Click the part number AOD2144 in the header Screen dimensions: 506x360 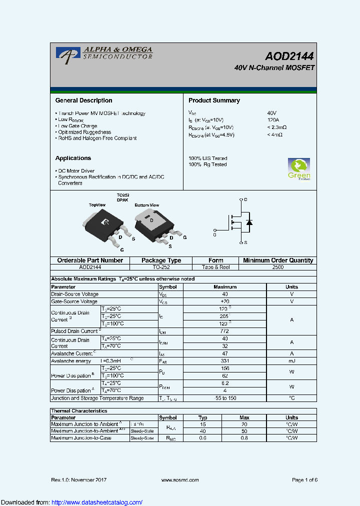289,56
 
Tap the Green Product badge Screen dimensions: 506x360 299,169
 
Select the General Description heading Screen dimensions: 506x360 83,100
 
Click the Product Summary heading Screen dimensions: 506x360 214,100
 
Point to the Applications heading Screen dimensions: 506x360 73,158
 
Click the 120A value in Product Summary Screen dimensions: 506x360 273,120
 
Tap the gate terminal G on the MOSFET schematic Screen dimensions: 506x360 214,234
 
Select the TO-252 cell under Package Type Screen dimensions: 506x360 161,267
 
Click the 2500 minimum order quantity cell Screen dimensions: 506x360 277,267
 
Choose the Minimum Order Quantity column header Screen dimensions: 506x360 277,260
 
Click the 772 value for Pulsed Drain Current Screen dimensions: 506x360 224,331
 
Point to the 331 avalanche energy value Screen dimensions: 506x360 224,361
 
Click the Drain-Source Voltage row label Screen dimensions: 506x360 75,294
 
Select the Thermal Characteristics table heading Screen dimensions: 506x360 79,411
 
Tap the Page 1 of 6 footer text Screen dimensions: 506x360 304,480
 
